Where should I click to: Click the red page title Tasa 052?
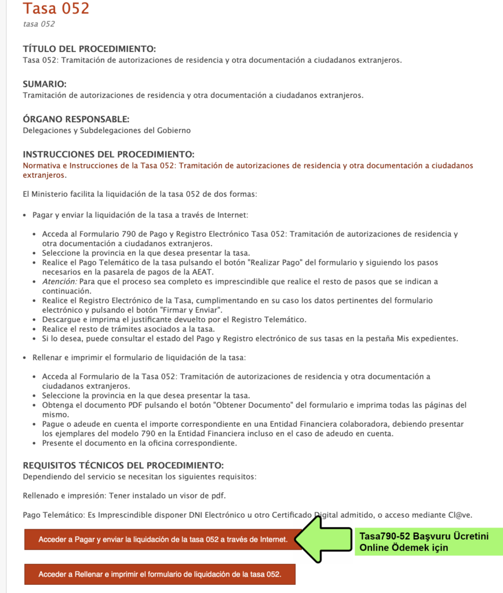(x=56, y=9)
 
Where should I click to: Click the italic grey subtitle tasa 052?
(x=39, y=24)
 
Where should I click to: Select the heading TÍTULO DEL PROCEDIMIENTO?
(x=89, y=49)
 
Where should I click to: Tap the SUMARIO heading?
(x=45, y=84)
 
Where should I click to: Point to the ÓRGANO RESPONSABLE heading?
(x=76, y=119)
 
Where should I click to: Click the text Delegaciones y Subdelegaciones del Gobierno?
(x=107, y=130)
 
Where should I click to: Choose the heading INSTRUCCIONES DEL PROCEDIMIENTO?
(x=108, y=155)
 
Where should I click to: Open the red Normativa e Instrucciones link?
(x=247, y=170)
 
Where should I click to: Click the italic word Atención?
(x=59, y=281)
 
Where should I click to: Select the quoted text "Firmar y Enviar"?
(x=191, y=310)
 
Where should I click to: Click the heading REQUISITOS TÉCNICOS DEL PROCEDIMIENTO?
(x=123, y=466)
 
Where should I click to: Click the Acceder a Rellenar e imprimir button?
(x=160, y=574)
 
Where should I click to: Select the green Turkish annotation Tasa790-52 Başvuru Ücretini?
(x=424, y=536)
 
